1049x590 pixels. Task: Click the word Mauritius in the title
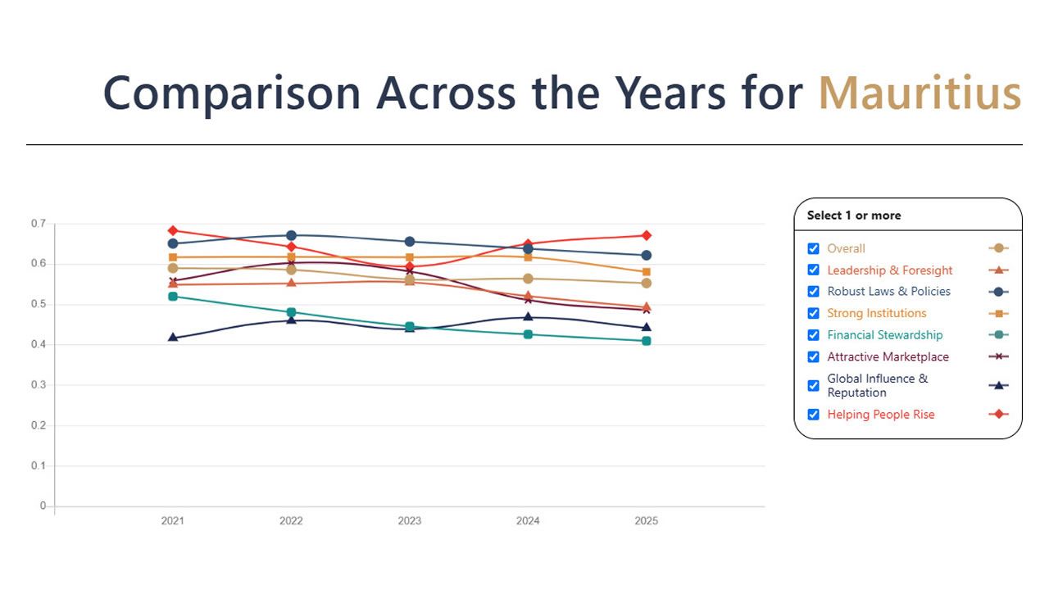[x=920, y=93]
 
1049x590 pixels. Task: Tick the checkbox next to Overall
[x=814, y=248]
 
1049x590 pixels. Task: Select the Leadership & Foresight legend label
[x=889, y=270]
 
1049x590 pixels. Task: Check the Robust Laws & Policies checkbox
[x=814, y=292]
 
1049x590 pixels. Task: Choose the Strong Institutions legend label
[x=876, y=313]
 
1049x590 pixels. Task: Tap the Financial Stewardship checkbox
[x=814, y=335]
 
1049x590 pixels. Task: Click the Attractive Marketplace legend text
[x=888, y=356]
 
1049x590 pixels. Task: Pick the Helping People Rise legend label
[x=880, y=415]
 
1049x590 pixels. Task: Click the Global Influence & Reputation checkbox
[x=814, y=385]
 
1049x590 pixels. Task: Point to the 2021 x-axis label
[x=173, y=521]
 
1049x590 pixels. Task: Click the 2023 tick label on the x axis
[x=409, y=521]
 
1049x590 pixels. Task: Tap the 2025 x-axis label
[x=646, y=521]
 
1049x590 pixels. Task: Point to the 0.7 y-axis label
[x=39, y=224]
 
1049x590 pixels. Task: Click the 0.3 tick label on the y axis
[x=39, y=385]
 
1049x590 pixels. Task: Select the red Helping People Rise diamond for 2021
[x=173, y=231]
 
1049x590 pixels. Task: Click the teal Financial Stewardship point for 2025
[x=646, y=341]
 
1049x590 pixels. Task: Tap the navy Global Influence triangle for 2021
[x=173, y=338]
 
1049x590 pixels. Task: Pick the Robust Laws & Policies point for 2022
[x=291, y=235]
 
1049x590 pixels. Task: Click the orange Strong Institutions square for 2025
[x=646, y=272]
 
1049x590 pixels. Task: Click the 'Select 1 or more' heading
[x=853, y=216]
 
